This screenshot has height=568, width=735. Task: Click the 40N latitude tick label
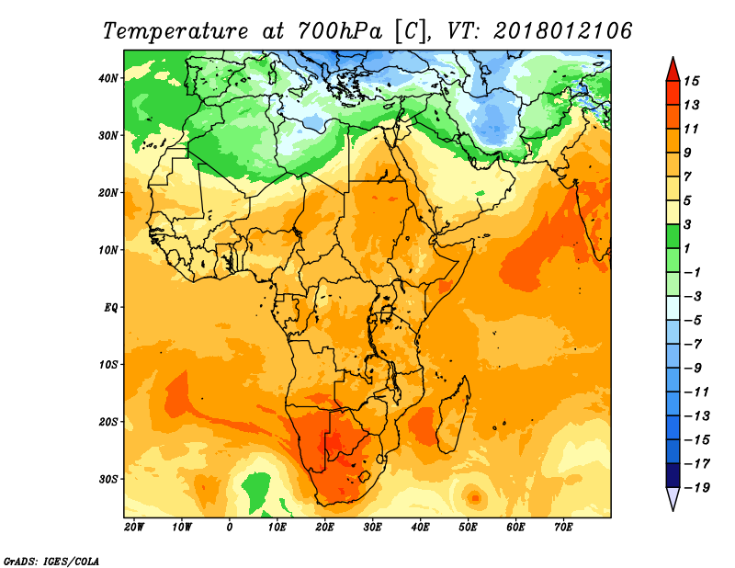109,78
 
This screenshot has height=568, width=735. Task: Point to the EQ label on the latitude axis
110,307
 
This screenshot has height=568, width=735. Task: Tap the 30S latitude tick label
109,479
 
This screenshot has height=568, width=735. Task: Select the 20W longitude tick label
134,528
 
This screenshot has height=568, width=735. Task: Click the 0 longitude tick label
230,528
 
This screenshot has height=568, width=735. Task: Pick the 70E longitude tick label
564,528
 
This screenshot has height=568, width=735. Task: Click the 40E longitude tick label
421,528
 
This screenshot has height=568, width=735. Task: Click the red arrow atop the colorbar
672,68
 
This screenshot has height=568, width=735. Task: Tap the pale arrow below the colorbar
672,499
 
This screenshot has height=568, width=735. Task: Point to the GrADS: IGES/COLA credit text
51,560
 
